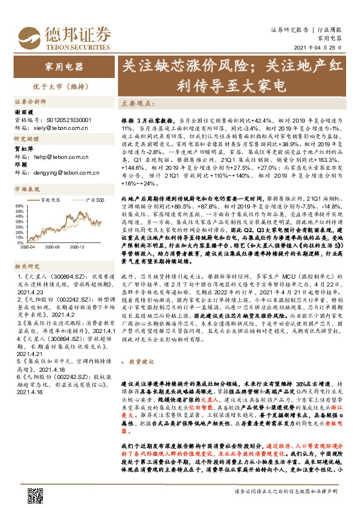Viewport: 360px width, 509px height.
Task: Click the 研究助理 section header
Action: click(27, 138)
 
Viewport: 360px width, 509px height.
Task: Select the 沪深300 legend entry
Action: click(93, 200)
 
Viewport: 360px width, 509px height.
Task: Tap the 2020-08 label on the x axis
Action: click(53, 247)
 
